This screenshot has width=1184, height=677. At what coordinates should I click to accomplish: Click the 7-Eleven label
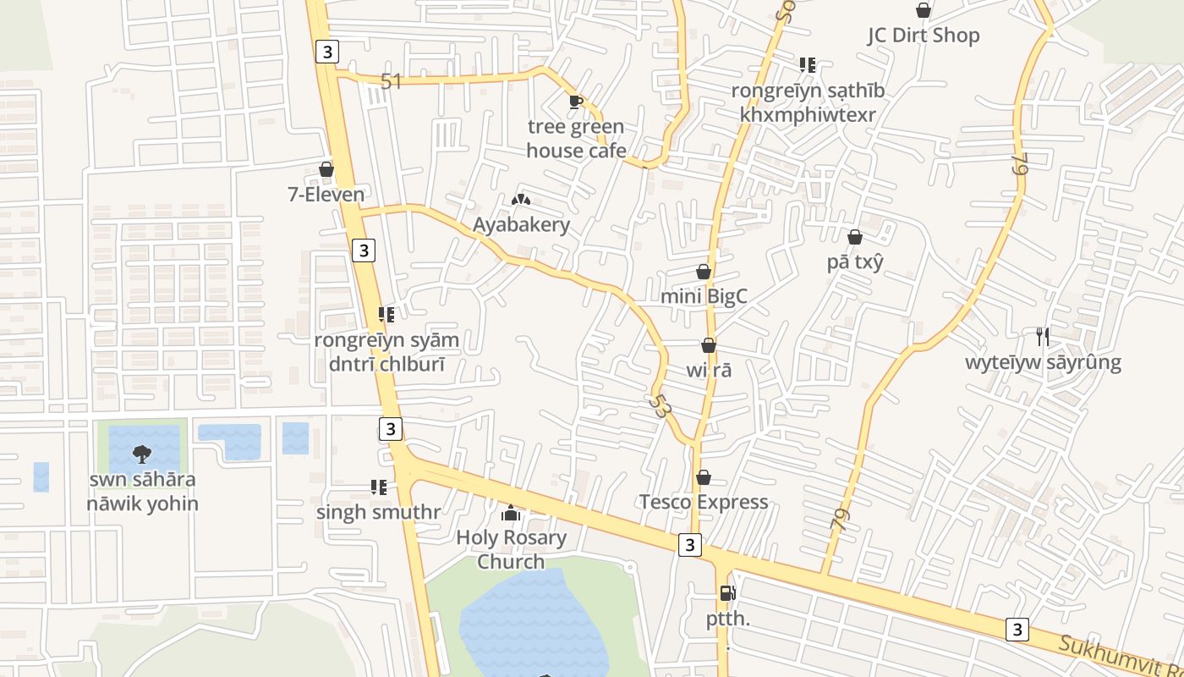click(x=326, y=195)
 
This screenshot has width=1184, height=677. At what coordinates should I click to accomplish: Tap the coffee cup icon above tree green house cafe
click(x=576, y=102)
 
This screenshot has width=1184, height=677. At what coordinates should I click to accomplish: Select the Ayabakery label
click(x=521, y=225)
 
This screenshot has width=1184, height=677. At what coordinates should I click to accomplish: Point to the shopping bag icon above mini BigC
click(x=704, y=272)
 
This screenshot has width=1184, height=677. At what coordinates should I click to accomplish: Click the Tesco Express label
click(x=704, y=502)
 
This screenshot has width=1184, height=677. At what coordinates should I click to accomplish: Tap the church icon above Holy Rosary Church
click(x=511, y=513)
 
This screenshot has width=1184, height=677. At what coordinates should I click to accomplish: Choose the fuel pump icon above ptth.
click(x=727, y=593)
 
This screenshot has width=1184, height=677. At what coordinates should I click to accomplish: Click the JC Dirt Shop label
click(x=924, y=36)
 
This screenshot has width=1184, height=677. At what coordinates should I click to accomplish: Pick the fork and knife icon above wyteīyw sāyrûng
click(x=1043, y=337)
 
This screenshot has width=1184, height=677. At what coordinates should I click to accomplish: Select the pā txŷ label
click(x=855, y=261)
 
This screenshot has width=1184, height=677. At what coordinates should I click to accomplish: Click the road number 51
click(x=391, y=81)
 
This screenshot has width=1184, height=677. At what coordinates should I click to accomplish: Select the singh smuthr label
click(x=378, y=512)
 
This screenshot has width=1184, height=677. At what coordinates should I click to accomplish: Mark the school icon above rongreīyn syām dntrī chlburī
click(x=386, y=316)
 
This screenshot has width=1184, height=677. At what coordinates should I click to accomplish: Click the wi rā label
click(x=709, y=370)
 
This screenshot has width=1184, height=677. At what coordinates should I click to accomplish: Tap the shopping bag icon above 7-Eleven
click(x=326, y=169)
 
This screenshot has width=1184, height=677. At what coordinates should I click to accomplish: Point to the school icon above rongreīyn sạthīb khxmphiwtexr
click(x=808, y=65)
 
